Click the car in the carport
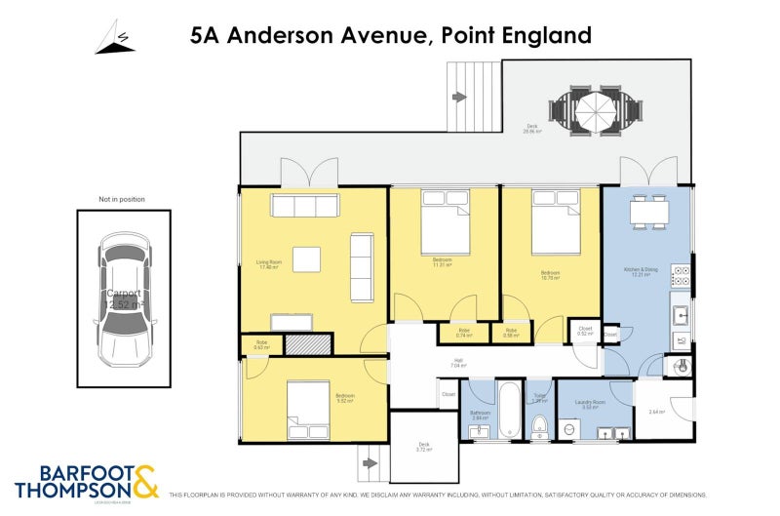[x=123, y=298]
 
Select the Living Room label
[x=269, y=263]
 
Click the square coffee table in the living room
[x=306, y=258]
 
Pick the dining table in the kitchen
[x=647, y=211]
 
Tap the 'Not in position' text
[x=122, y=199]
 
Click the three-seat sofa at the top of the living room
[x=305, y=206]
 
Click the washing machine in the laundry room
[x=571, y=429]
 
